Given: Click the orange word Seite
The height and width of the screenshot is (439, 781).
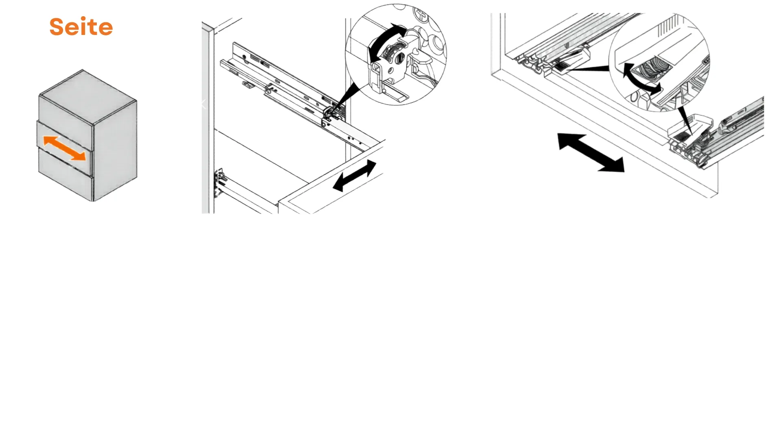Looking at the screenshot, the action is pyautogui.click(x=81, y=26).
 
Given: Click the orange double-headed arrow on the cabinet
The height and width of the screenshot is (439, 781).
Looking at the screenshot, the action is pyautogui.click(x=65, y=148).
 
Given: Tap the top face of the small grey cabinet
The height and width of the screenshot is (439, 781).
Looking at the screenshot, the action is pyautogui.click(x=88, y=96).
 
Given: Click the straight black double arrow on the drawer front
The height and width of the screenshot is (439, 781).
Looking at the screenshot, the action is pyautogui.click(x=354, y=176).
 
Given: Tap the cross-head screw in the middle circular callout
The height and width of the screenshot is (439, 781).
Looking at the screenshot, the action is pyautogui.click(x=421, y=17).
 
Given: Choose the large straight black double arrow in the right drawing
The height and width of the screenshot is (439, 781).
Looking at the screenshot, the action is pyautogui.click(x=591, y=152).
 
